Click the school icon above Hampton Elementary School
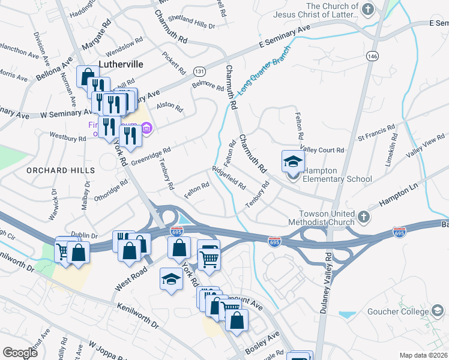pyautogui.click(x=292, y=161)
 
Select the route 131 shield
pyautogui.click(x=199, y=71)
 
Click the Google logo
pyautogui.click(x=20, y=353)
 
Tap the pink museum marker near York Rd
pyautogui.click(x=147, y=128)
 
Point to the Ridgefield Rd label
pyautogui.click(x=229, y=178)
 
